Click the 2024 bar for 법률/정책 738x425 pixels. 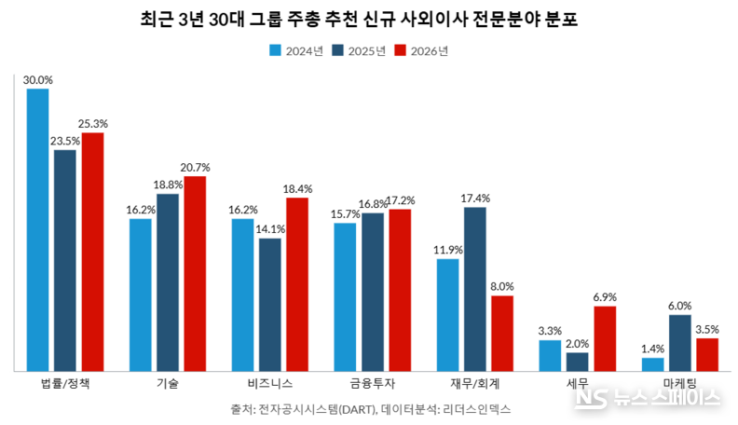(x=38, y=229)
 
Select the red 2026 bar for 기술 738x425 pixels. (x=195, y=273)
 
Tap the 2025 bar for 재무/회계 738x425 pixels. (x=475, y=288)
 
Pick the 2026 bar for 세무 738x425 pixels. (x=605, y=337)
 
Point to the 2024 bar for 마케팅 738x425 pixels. (x=653, y=363)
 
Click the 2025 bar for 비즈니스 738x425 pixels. (x=270, y=304)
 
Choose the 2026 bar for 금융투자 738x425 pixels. (x=400, y=289)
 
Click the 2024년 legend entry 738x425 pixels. (x=296, y=51)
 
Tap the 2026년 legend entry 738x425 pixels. (x=422, y=51)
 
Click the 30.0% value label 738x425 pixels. (x=38, y=80)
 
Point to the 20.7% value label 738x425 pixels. (x=195, y=168)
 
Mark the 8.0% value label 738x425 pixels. (x=502, y=287)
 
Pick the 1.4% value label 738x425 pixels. (x=653, y=350)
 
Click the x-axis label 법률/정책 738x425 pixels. (x=65, y=384)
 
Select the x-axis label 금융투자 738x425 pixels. (x=373, y=384)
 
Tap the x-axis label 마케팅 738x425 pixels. (x=680, y=384)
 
